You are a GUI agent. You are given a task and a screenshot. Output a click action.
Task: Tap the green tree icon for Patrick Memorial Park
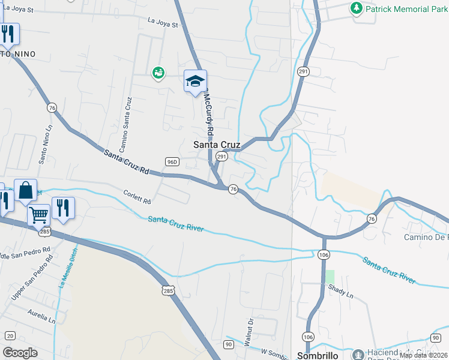[357, 8]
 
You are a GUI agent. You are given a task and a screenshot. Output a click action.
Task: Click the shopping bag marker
[25, 190]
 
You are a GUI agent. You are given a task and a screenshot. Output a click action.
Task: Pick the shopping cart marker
[38, 214]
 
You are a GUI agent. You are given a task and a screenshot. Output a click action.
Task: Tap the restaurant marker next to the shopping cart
[63, 208]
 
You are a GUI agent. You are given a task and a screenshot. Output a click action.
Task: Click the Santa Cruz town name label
[217, 145]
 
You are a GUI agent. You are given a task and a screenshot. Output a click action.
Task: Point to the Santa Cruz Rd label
[126, 162]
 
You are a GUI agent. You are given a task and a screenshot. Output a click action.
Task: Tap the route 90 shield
[229, 344]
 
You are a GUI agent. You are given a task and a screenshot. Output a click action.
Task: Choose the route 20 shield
[9, 336]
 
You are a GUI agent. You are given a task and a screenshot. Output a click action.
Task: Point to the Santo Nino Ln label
[44, 145]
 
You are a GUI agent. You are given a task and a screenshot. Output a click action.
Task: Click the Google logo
[20, 353]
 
